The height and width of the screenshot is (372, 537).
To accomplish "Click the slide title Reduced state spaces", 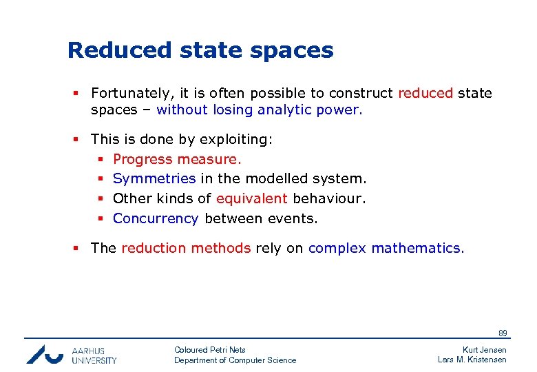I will point(200,50).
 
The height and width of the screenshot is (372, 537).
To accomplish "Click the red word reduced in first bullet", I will point(425,93).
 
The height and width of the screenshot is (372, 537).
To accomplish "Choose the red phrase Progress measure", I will point(178,160).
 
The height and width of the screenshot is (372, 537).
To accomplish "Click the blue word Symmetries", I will point(154,179).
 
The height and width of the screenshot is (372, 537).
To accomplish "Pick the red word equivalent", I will point(251,199).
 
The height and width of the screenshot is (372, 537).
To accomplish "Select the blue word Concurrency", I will point(156,219).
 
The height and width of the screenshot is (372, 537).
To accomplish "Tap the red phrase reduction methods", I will point(186,249).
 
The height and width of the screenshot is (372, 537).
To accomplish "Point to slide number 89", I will point(503,334).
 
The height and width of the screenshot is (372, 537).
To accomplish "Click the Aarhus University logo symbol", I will point(45,354).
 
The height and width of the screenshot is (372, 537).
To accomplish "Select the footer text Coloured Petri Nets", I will point(210,350).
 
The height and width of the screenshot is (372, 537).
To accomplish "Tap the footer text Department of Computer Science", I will point(235,360).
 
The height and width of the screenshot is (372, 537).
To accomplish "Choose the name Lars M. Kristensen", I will point(472,360).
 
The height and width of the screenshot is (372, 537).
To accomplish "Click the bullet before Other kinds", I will point(100,199).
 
